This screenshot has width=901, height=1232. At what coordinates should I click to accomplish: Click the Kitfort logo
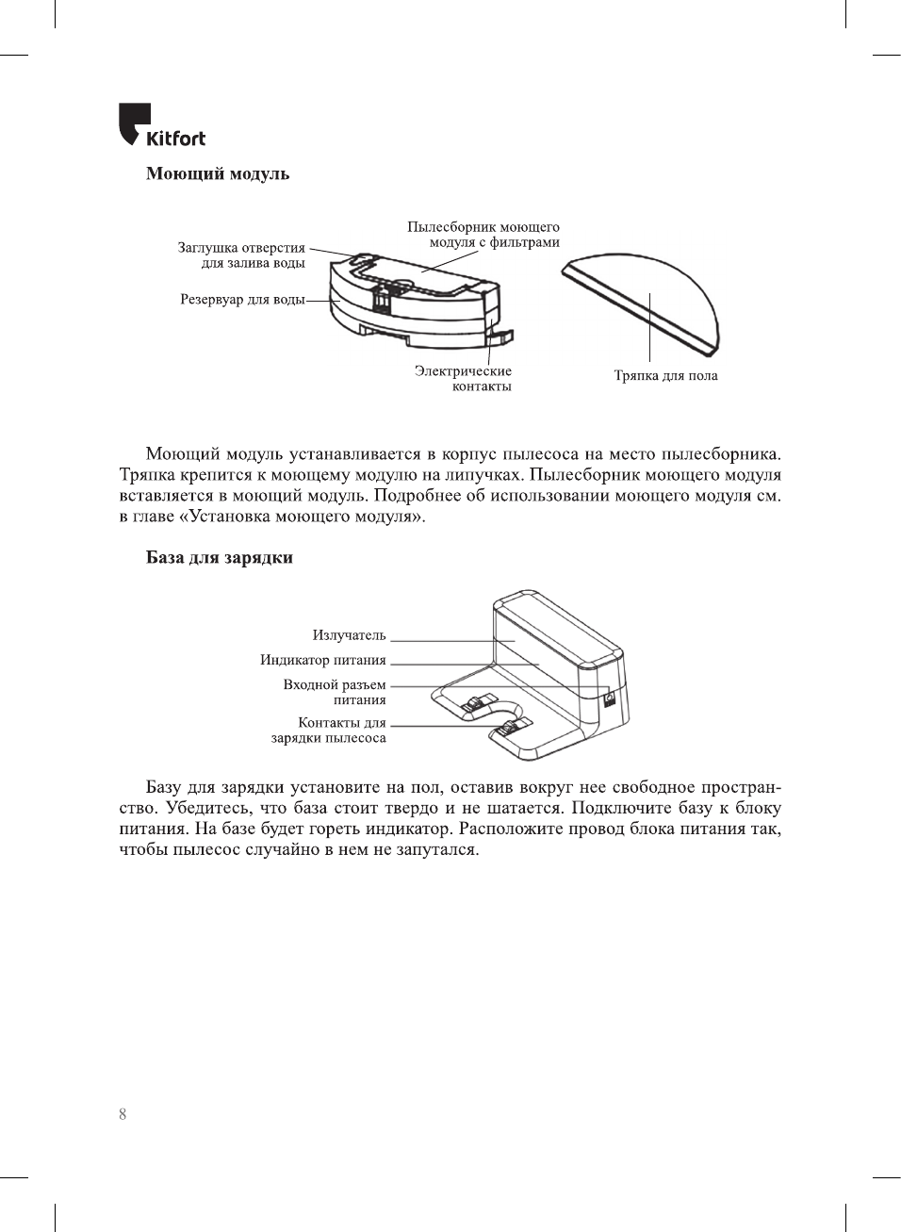pyautogui.click(x=161, y=126)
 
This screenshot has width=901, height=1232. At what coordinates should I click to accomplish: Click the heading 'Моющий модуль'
pyautogui.click(x=217, y=174)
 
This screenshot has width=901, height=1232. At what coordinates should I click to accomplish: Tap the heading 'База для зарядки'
pyautogui.click(x=219, y=558)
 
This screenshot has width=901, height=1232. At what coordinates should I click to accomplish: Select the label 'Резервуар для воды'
pyautogui.click(x=242, y=300)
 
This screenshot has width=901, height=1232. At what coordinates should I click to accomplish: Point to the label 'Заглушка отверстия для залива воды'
pyautogui.click(x=242, y=255)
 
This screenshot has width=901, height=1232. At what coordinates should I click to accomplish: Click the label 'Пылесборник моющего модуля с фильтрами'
pyautogui.click(x=483, y=235)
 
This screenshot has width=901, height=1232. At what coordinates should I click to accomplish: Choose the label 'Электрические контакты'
pyautogui.click(x=464, y=379)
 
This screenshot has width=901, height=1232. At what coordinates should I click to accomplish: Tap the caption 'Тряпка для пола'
pyautogui.click(x=665, y=376)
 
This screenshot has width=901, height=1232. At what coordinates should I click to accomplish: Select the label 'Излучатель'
pyautogui.click(x=349, y=636)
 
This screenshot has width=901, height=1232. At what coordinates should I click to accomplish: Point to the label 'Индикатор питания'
pyautogui.click(x=323, y=661)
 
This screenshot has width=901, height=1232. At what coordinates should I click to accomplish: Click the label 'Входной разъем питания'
pyautogui.click(x=336, y=693)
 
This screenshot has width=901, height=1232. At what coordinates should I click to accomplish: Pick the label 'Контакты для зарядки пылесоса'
pyautogui.click(x=329, y=731)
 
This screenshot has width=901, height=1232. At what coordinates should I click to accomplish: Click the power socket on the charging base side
pyautogui.click(x=608, y=701)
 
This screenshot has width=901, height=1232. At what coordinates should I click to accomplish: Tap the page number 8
pyautogui.click(x=123, y=1114)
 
